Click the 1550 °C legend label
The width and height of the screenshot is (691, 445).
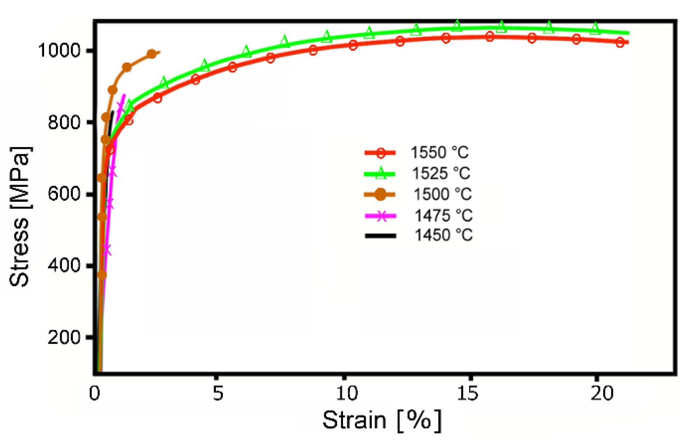click(x=439, y=152)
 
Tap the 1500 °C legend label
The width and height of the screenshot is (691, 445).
click(x=442, y=194)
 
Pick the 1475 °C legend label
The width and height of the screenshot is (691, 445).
click(x=443, y=216)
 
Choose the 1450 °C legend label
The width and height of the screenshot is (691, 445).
click(x=443, y=235)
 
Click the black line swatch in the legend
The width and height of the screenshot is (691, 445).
click(x=380, y=236)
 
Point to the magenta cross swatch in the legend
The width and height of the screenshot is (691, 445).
click(x=380, y=216)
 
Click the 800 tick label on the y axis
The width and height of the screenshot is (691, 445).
click(x=64, y=122)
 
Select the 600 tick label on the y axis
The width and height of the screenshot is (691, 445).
click(x=64, y=193)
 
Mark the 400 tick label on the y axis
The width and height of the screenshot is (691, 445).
click(x=64, y=265)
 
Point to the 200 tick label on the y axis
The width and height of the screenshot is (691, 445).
click(x=64, y=337)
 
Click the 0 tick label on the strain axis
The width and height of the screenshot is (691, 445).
click(x=95, y=393)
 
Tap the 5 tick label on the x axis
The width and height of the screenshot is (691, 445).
click(x=218, y=393)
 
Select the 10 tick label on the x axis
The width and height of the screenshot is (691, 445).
click(x=347, y=393)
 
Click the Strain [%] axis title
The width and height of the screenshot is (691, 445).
click(x=382, y=421)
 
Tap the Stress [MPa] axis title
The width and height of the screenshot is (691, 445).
click(x=20, y=217)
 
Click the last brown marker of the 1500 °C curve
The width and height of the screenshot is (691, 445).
click(x=152, y=54)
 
